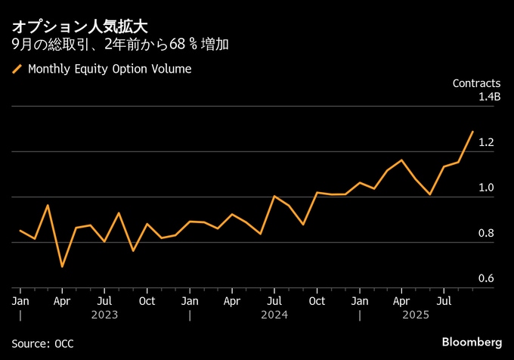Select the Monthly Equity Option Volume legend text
tap(110, 70)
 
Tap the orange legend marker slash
tap(17, 70)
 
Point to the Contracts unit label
tap(476, 83)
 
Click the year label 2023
tap(104, 314)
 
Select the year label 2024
tap(274, 314)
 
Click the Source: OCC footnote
tap(43, 343)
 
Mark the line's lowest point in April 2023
tap(62, 266)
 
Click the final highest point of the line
tap(473, 132)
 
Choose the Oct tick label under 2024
tap(317, 301)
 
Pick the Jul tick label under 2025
tap(444, 301)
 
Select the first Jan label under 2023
tap(20, 301)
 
